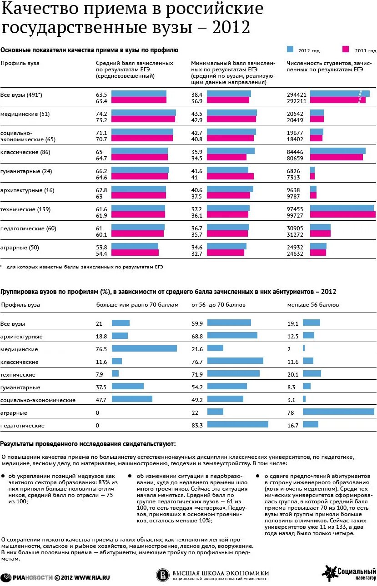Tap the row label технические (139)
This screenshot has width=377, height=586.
click(25, 209)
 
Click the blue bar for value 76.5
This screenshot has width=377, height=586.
click(144, 348)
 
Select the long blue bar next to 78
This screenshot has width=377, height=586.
click(338, 412)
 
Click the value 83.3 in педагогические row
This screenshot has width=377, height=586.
click(197, 425)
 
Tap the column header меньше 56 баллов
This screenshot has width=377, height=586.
click(313, 305)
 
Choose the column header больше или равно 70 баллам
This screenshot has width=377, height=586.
click(137, 305)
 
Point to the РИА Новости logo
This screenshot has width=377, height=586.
click(26, 577)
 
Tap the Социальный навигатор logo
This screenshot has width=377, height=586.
click(349, 573)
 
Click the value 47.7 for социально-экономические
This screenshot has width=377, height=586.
click(101, 400)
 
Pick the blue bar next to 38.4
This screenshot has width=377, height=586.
click(229, 94)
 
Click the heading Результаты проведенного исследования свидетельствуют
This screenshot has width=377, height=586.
click(88, 443)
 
